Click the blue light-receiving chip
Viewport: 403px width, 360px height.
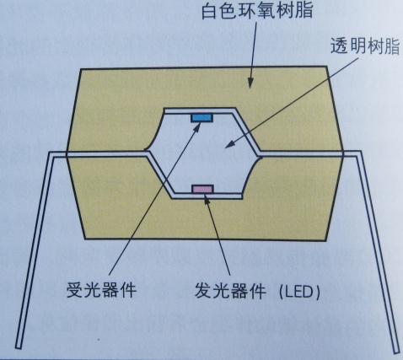pos(201,118)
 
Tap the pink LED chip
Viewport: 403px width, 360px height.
pos(202,189)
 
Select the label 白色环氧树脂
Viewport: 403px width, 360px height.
pos(257,11)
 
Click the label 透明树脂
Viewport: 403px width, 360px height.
pos(365,46)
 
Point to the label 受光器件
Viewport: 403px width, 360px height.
pos(101,290)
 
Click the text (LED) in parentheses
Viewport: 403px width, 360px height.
pos(299,293)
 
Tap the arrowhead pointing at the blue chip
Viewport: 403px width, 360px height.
pos(196,128)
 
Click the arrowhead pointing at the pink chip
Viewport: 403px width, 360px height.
pos(207,199)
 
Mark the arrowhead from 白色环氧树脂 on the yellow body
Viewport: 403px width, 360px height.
pos(250,82)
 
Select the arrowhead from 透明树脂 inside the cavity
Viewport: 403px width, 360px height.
pos(230,144)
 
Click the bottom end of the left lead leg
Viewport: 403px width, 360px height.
pos(19,347)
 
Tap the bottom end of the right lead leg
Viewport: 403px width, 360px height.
pos(396,351)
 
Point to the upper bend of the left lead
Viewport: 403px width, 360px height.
pos(51,154)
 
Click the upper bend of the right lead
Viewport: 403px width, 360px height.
pos(358,153)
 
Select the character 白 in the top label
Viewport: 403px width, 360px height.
pos(210,11)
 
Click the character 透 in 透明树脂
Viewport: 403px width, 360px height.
pos(339,46)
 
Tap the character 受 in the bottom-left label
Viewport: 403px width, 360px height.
pos(75,290)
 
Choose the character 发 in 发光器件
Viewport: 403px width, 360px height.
pos(203,291)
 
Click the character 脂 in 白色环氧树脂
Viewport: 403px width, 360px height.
pos(305,11)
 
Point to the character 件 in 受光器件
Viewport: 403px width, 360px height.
pos(128,290)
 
